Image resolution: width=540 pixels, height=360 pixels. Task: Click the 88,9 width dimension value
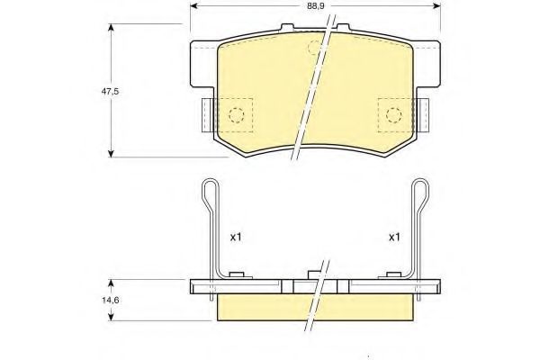[x=316, y=6]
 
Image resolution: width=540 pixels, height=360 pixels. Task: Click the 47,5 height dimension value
[x=110, y=92]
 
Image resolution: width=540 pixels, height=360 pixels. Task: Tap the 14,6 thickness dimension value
[x=110, y=300]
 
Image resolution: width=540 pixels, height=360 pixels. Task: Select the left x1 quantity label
[x=236, y=237]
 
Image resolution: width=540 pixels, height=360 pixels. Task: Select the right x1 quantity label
[x=394, y=237]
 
